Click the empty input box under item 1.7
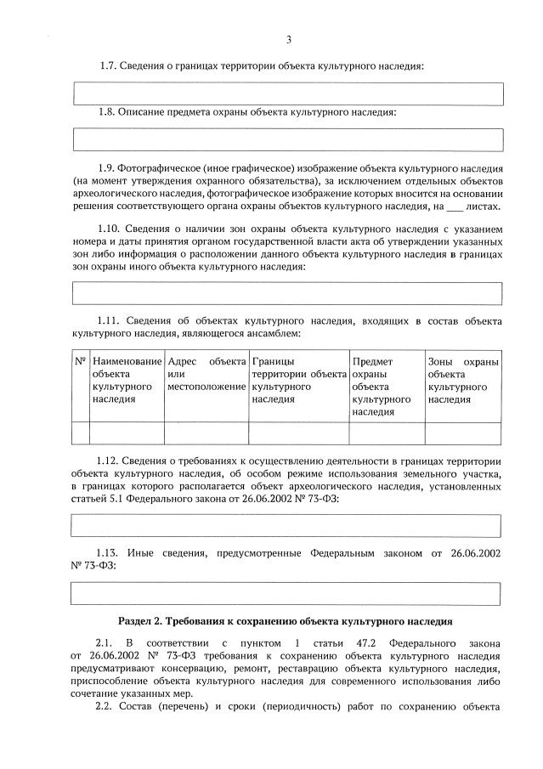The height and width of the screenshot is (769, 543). (x=288, y=93)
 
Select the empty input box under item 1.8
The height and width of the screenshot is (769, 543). (x=288, y=139)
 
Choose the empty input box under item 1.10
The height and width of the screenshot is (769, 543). (x=288, y=292)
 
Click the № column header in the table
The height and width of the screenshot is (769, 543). (x=81, y=362)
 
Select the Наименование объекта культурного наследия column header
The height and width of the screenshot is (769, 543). (x=127, y=380)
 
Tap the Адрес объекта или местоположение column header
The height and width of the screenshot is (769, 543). (x=206, y=375)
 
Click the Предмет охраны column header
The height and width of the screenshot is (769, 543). (x=387, y=387)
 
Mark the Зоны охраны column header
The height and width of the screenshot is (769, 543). (x=462, y=380)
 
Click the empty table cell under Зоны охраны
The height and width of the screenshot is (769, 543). (x=462, y=433)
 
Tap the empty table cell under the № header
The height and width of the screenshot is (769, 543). (x=81, y=433)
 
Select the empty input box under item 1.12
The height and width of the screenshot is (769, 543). (x=288, y=525)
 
